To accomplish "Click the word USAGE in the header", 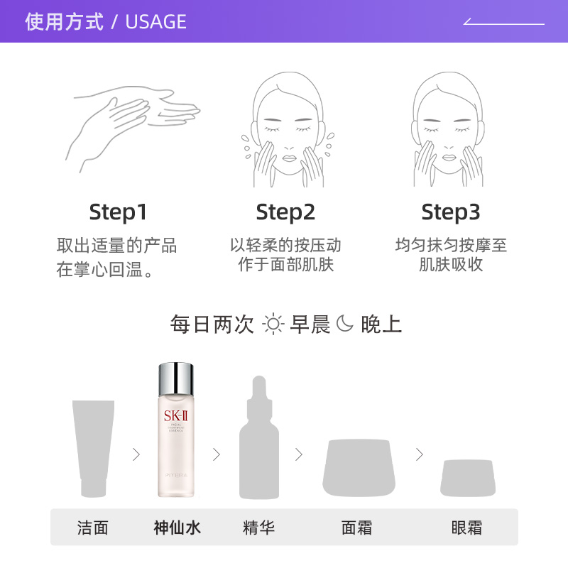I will [155, 22].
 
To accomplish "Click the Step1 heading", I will [118, 212].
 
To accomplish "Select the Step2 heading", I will [285, 212].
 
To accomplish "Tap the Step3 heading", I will [451, 212].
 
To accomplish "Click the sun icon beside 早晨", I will [273, 324].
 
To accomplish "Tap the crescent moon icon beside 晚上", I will [345, 324].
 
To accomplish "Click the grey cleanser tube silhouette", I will [93, 447].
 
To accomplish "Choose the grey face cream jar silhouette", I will [359, 468].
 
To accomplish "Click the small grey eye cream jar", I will [467, 478].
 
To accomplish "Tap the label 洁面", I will [93, 528].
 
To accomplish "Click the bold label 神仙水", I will [177, 528].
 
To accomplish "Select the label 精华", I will [258, 528].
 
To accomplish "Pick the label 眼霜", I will [466, 528].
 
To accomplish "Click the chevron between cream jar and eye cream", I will [420, 454].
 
